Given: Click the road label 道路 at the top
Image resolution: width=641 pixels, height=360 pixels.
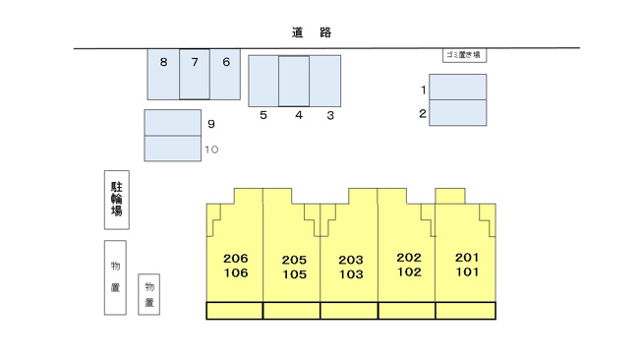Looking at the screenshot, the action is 311,32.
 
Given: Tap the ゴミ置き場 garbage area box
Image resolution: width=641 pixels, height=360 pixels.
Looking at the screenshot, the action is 464,55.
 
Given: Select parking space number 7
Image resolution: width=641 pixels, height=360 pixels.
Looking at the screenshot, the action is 195,74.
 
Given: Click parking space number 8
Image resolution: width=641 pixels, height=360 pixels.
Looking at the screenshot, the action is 163,74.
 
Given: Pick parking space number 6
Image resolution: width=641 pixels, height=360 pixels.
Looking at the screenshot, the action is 225,74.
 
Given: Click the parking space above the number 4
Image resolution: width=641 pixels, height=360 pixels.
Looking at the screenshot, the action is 294,81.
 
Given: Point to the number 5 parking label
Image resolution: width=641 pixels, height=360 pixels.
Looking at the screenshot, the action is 263,115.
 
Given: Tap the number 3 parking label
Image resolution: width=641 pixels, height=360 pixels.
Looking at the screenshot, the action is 330,115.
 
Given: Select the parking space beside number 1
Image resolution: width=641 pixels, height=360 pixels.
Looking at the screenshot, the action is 458,87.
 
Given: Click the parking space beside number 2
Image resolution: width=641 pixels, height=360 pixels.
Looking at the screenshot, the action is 458,113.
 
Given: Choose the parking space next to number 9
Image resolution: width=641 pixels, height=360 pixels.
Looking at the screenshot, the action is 172,122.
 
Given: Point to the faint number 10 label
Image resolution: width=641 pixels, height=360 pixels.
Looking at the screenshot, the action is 211,150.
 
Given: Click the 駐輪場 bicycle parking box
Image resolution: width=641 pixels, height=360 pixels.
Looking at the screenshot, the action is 117,200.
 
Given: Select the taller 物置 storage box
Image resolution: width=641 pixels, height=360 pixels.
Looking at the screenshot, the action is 115,277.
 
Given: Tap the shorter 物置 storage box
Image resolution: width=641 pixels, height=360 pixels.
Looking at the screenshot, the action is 148,294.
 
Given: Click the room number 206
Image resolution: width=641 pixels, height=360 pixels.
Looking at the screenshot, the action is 236,258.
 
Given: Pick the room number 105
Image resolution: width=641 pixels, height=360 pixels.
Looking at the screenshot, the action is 294,274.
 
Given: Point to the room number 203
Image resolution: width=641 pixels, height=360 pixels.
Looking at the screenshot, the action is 351,260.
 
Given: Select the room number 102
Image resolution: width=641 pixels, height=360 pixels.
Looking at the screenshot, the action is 409,271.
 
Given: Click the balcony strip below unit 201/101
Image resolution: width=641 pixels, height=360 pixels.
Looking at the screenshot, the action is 466,311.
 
